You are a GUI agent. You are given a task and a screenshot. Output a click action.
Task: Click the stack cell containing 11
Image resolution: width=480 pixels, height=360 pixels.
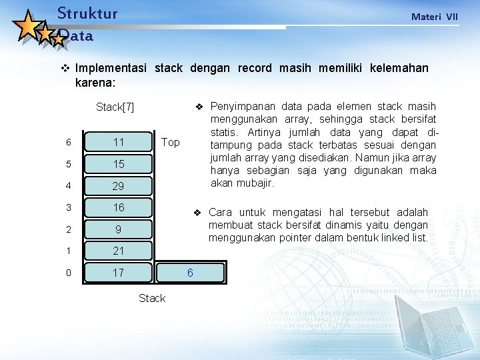119,142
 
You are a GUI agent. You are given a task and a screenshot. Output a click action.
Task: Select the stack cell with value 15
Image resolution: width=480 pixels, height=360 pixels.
119,164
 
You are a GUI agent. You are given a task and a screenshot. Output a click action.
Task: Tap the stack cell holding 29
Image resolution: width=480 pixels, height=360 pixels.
119,186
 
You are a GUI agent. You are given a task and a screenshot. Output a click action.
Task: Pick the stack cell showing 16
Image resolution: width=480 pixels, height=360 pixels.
119,207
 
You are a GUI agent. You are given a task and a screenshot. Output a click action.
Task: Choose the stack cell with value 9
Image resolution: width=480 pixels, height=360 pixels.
119,229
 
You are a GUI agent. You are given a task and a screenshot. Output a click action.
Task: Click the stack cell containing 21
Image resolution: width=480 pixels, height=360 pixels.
119,251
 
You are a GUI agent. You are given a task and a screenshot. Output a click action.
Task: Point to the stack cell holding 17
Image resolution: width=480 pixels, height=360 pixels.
119,273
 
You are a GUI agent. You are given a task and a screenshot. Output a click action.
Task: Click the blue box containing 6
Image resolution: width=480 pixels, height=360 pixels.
190,273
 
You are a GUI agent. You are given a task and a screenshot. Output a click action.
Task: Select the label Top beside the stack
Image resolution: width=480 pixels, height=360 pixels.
170,142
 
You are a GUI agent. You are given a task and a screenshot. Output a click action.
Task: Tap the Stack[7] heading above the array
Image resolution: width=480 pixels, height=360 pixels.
115,107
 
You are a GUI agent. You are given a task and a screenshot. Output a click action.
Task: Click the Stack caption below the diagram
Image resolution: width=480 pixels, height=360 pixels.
151,298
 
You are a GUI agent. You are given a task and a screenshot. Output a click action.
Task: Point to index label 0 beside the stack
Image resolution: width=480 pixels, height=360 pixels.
68,273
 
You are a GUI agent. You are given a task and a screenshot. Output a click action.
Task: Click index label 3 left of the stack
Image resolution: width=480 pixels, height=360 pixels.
68,207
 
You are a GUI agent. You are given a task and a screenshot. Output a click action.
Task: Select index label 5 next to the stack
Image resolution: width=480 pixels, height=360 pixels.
68,164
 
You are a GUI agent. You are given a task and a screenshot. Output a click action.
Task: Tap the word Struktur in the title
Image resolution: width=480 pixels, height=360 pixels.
87,13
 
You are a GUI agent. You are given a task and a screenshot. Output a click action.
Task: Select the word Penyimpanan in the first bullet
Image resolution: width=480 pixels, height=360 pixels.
242,107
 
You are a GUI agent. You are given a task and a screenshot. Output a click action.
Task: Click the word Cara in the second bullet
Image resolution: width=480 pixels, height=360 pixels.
221,213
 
